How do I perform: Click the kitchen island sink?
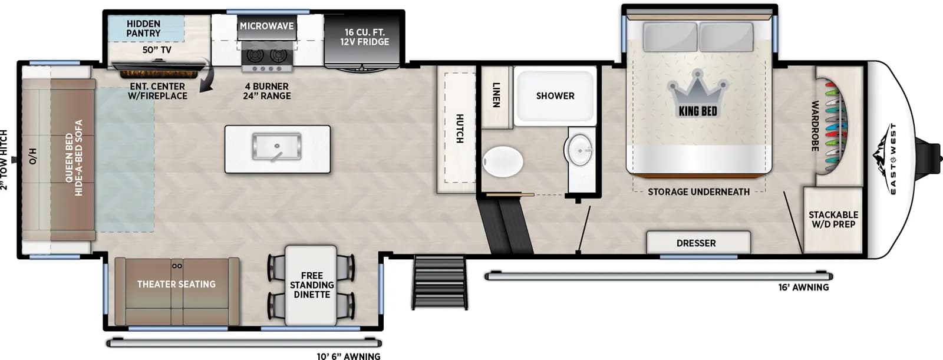click(x=276, y=147)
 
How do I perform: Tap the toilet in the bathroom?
click(x=503, y=160)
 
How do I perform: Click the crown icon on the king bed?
click(x=698, y=94)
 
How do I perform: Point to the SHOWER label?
click(x=555, y=95)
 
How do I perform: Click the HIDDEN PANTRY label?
click(x=143, y=28)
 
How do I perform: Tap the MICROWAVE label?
click(x=266, y=26)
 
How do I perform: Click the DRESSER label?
click(x=696, y=243)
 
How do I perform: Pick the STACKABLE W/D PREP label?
click(x=833, y=219)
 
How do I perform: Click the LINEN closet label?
click(x=496, y=95)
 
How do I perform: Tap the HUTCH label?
click(x=459, y=128)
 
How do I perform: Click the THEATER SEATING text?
click(x=176, y=284)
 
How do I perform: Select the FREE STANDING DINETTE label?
click(x=311, y=285)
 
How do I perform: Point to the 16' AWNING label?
click(x=803, y=288)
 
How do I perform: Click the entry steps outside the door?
click(x=440, y=282)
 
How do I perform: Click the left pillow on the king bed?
click(x=669, y=37)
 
